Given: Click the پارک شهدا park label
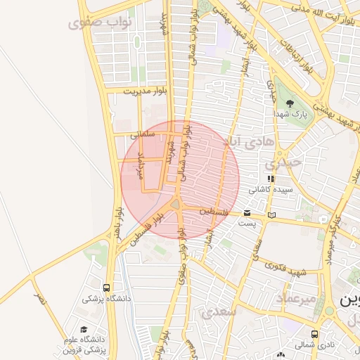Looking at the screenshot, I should click(x=290, y=113).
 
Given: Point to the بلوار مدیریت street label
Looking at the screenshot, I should click(x=148, y=91).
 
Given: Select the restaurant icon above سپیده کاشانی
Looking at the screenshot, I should click(x=271, y=179).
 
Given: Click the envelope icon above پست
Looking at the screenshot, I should click(x=247, y=212).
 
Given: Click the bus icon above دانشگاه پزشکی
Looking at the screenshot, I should click(x=106, y=288).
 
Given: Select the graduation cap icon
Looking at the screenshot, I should click(x=84, y=329).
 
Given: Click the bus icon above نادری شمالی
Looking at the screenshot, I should click(x=314, y=335).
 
